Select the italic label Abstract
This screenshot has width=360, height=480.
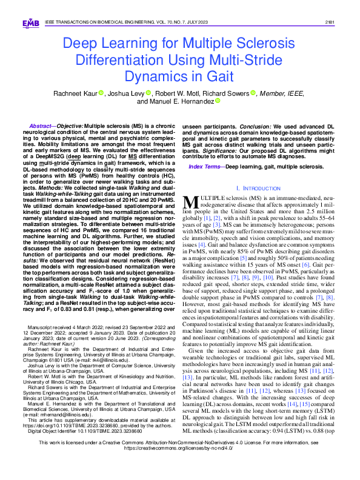tap(36, 124)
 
